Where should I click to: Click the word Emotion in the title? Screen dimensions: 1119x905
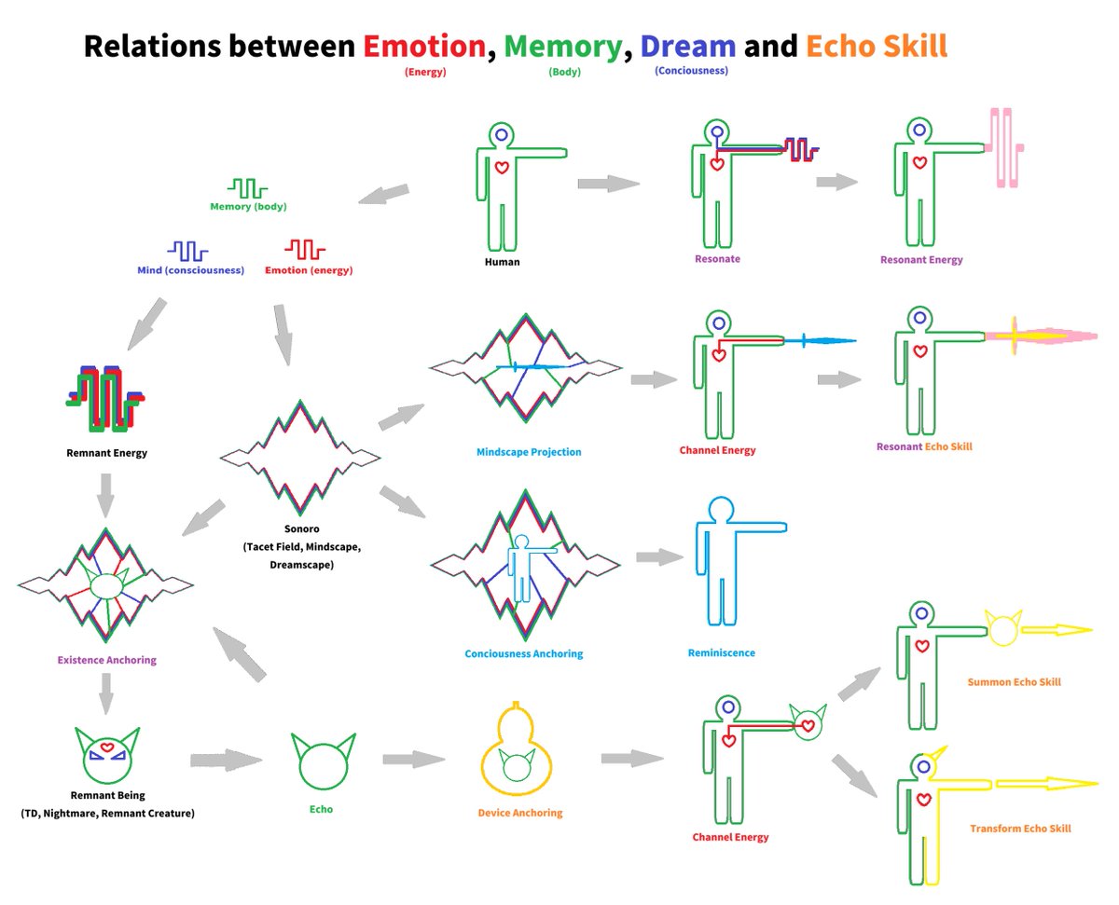coord(424,46)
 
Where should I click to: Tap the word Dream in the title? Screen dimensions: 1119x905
coord(687,46)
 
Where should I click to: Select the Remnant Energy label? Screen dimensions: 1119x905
coord(106,453)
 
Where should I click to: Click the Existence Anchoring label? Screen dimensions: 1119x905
coord(106,660)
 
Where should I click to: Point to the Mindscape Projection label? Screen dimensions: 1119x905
coord(529,452)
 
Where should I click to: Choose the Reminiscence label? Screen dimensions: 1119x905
coord(722,652)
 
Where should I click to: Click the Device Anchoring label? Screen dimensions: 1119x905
coord(520,813)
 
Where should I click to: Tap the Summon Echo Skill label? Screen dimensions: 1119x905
coord(1014,682)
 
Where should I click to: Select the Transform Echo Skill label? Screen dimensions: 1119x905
coord(1020,829)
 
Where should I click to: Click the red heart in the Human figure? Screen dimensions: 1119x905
coord(502,168)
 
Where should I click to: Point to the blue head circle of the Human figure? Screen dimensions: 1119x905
coord(501,135)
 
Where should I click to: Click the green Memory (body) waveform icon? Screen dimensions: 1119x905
coord(247,188)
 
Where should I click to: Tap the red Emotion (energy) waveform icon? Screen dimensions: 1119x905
coord(305,250)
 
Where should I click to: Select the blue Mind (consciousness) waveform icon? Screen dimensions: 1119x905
coord(187,251)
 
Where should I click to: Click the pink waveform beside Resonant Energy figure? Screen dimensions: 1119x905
coord(1005,148)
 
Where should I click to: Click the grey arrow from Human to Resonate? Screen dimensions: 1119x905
coord(608,184)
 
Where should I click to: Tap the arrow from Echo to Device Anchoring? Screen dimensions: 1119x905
coord(414,759)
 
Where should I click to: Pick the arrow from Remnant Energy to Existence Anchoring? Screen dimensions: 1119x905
coord(105,495)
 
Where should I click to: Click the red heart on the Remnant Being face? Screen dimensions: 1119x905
coord(106,747)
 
